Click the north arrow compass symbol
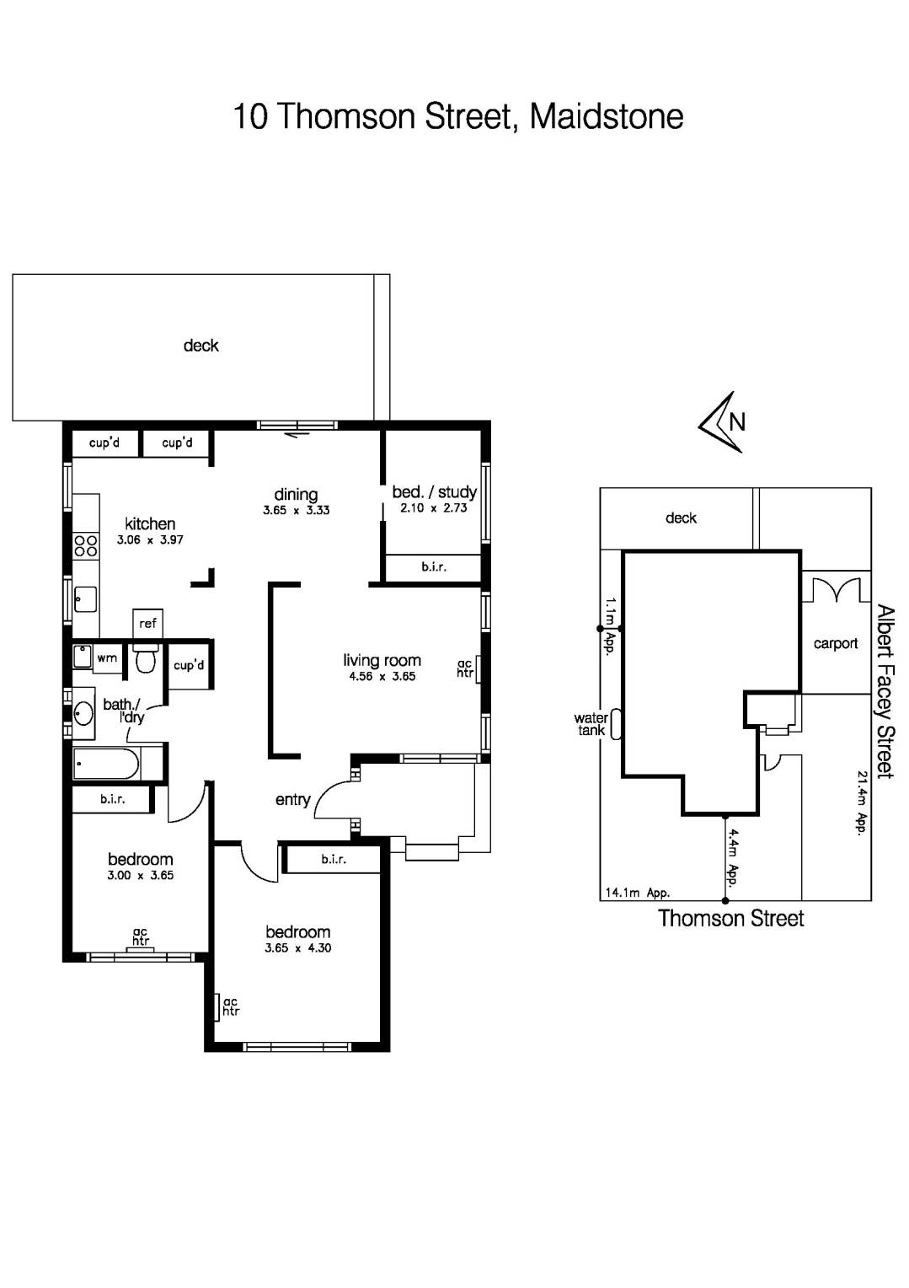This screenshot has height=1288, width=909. pyautogui.click(x=722, y=422)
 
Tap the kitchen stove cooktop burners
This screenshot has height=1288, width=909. pyautogui.click(x=85, y=545)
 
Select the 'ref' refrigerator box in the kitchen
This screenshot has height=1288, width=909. pyautogui.click(x=147, y=624)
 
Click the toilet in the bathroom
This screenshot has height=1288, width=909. pyautogui.click(x=146, y=658)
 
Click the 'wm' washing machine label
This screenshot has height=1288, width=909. pyautogui.click(x=107, y=658)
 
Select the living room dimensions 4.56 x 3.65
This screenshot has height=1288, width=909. pyautogui.click(x=382, y=676)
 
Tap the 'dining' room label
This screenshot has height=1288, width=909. pyautogui.click(x=296, y=494)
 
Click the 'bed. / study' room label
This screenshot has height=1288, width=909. pyautogui.click(x=434, y=491)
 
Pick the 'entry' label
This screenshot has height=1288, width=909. pyautogui.click(x=292, y=799)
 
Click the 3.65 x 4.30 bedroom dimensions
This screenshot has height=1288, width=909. pyautogui.click(x=297, y=947)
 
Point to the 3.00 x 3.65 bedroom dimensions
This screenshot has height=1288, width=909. pyautogui.click(x=140, y=875)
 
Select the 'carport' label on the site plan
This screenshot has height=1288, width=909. pyautogui.click(x=835, y=643)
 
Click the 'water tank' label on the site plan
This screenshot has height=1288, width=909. pyautogui.click(x=591, y=724)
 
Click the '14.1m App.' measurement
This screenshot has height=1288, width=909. pyautogui.click(x=637, y=893)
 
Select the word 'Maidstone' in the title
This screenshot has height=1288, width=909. pyautogui.click(x=606, y=116)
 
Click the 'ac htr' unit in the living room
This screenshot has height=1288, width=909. pyautogui.click(x=465, y=668)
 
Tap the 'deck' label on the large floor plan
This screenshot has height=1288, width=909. pyautogui.click(x=201, y=346)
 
